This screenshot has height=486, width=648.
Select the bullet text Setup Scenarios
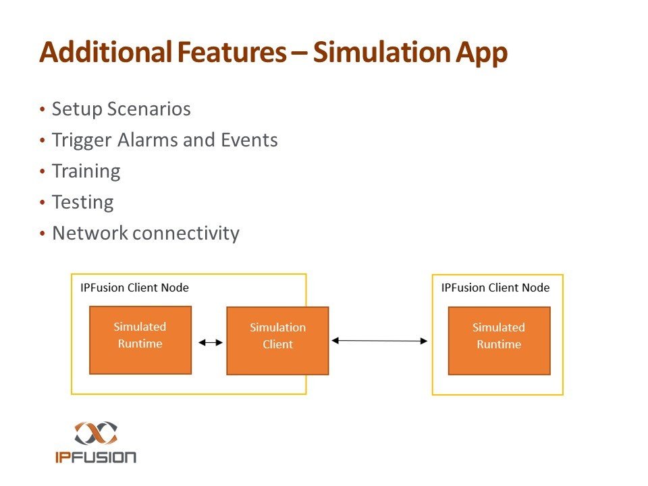coord(122,109)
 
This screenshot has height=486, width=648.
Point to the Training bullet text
coord(86,171)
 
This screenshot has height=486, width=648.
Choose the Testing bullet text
coord(82,202)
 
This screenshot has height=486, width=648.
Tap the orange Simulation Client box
coord(277,340)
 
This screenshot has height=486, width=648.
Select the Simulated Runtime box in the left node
coord(140,340)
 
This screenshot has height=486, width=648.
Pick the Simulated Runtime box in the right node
coord(499,340)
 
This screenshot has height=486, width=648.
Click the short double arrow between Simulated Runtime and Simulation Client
coord(209,342)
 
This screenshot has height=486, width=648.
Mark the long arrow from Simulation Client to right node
coord(380,341)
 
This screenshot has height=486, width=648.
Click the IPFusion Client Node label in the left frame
coord(135,288)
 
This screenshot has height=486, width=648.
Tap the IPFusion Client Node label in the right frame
coord(495,288)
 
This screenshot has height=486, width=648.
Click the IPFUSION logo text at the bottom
coord(96,456)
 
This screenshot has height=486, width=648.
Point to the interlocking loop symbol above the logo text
coord(96,433)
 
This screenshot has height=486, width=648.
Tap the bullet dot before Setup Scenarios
coord(43,109)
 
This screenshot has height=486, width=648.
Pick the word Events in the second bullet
coord(250,140)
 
